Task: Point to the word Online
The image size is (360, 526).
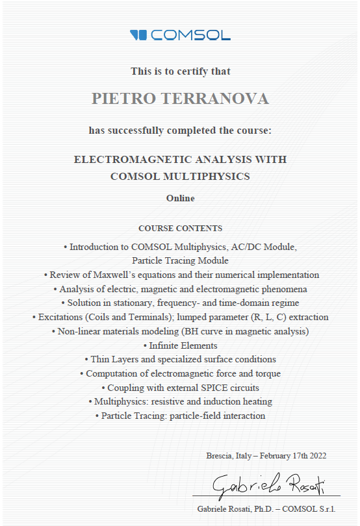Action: click(180, 198)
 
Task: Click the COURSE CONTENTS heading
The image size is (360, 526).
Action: click(180, 229)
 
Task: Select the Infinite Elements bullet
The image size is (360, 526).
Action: click(180, 345)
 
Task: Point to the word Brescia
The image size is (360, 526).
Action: click(218, 456)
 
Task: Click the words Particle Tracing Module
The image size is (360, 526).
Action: click(180, 261)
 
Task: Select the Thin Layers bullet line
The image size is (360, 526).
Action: click(180, 360)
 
